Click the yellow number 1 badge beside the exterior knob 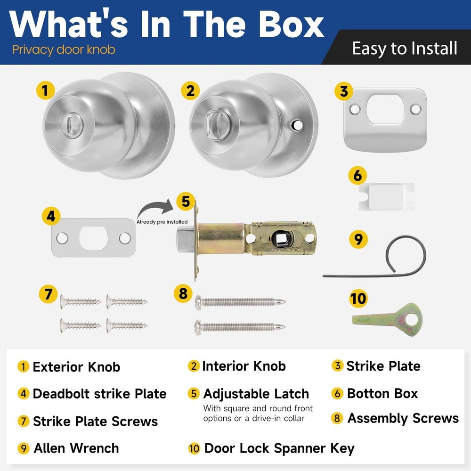coord(45,90)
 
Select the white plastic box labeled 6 coord(386,196)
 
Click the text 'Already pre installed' coord(162,222)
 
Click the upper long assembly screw coord(240,300)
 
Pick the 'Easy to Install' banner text coord(405,49)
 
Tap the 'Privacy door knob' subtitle coord(64,49)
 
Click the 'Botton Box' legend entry coord(382,393)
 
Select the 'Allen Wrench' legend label coord(76,448)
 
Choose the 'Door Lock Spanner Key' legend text coord(279,448)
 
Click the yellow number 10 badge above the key coord(358,299)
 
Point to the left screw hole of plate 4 coord(62,238)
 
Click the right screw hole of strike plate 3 coord(415,109)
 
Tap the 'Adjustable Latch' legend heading coord(256,394)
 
